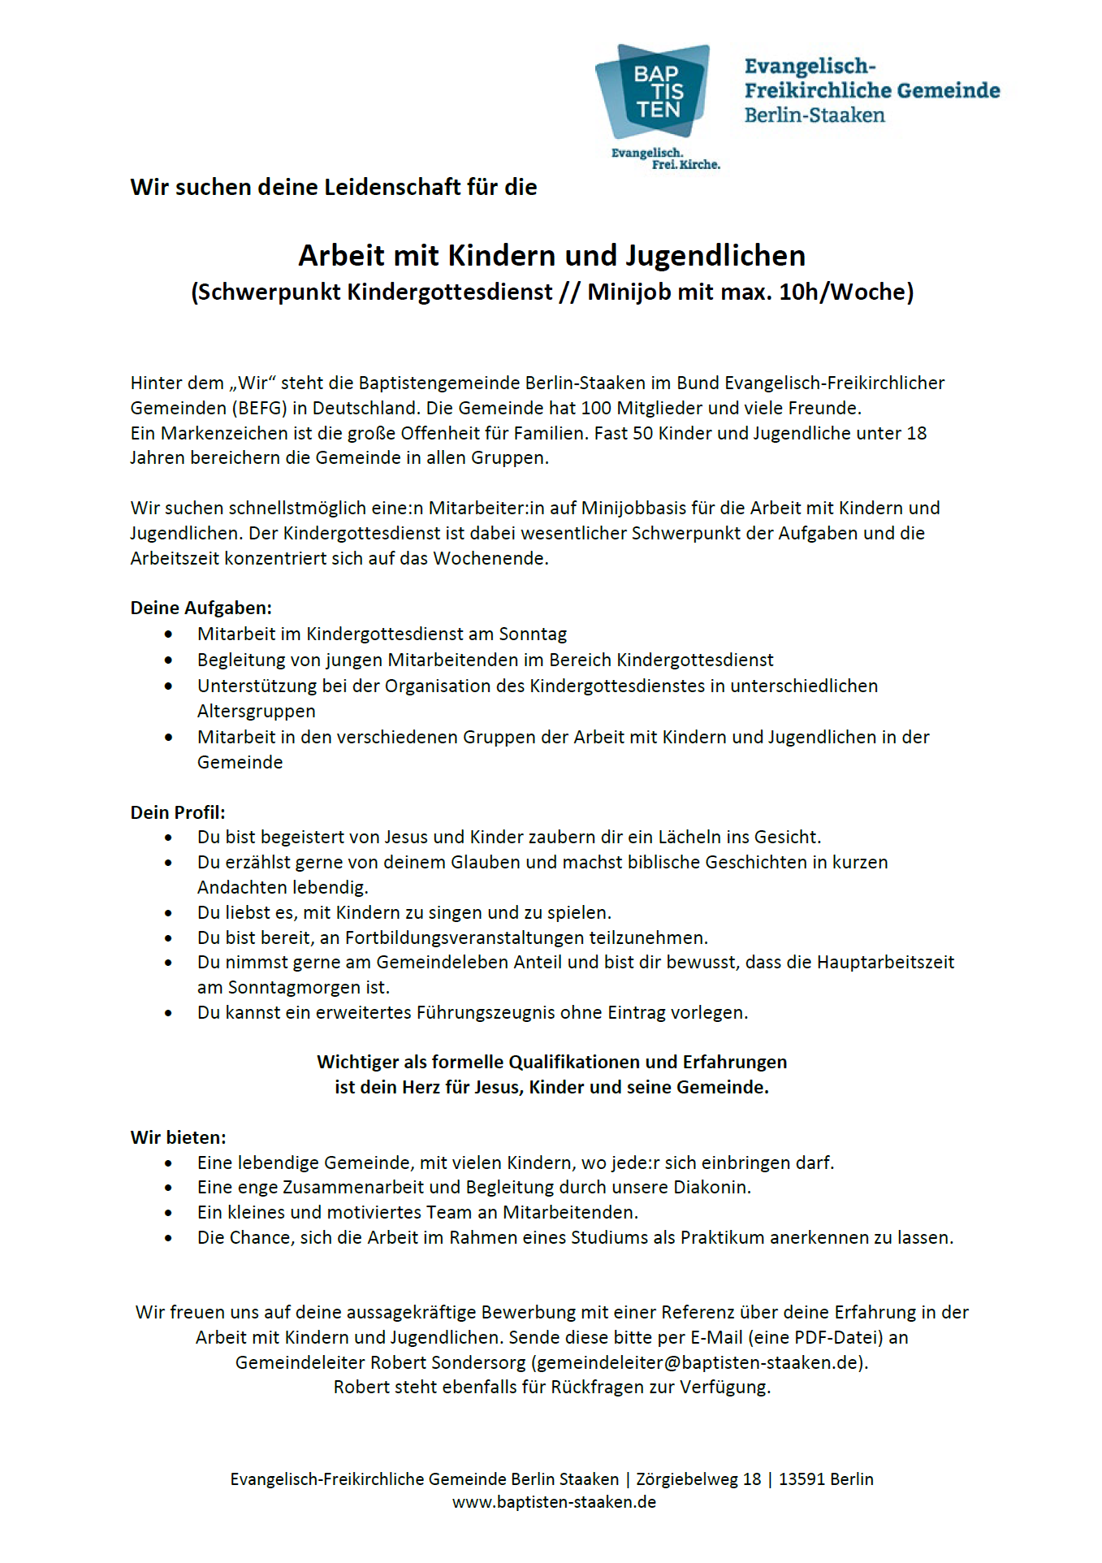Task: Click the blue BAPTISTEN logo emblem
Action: point(655,91)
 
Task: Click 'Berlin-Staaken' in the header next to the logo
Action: point(815,115)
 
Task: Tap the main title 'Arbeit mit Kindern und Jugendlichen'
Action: point(551,256)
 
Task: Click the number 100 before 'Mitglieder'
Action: point(596,408)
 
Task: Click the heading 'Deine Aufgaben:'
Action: point(201,608)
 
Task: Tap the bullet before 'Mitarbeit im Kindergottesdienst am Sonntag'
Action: point(168,634)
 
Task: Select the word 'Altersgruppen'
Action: point(256,711)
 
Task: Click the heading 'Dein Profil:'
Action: point(178,812)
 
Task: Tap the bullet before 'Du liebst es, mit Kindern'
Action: point(168,913)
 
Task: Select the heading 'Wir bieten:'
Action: point(178,1137)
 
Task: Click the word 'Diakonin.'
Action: point(711,1187)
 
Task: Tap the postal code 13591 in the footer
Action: point(801,1479)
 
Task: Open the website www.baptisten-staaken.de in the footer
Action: point(554,1502)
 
